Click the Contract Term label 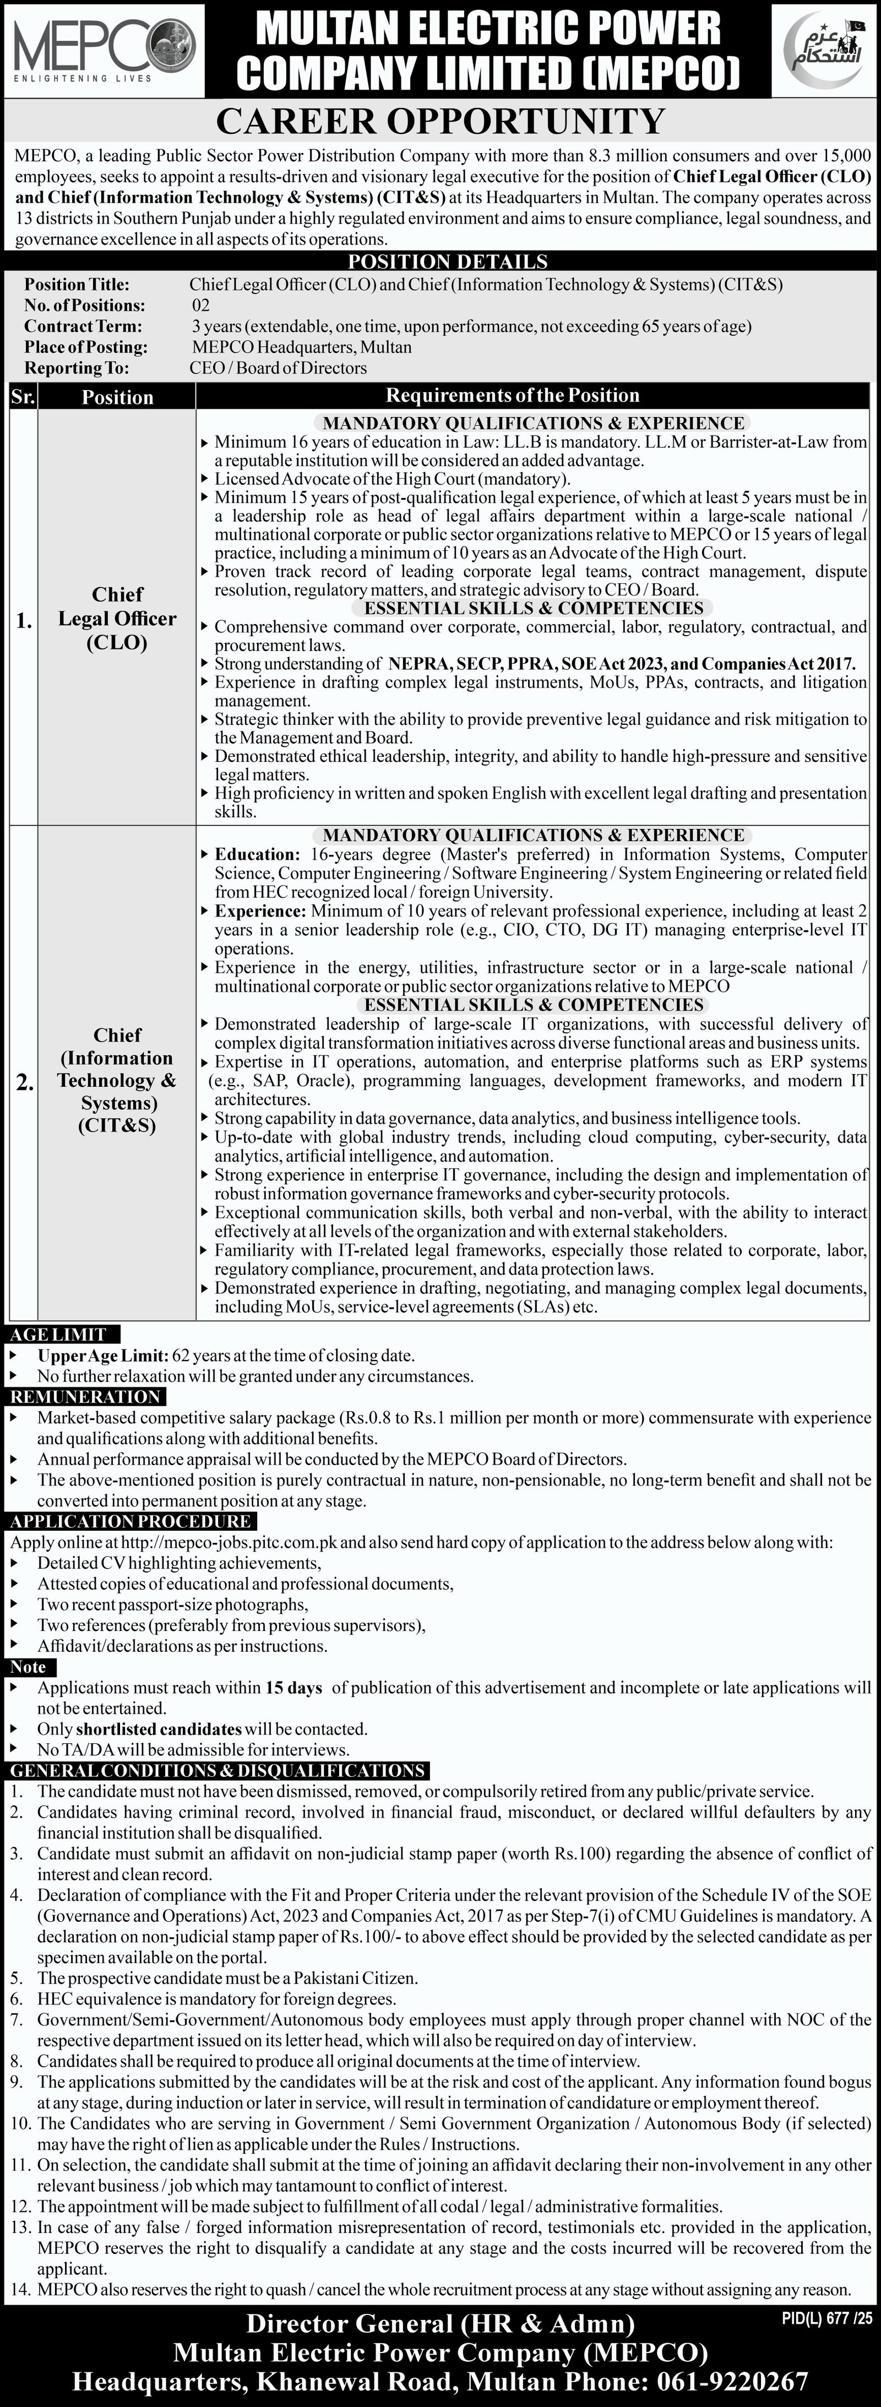(x=83, y=326)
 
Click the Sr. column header (x=23, y=396)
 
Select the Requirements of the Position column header (x=512, y=395)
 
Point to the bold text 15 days (x=293, y=1688)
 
